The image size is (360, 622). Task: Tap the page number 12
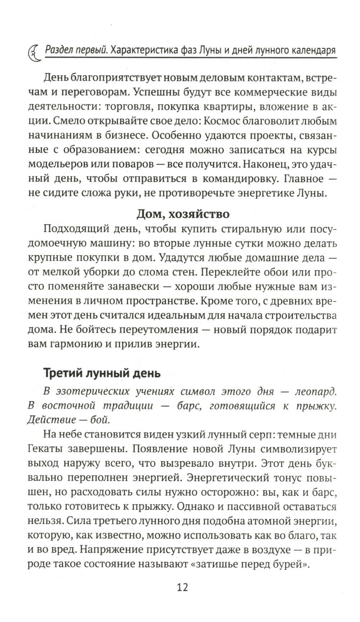pos(183,587)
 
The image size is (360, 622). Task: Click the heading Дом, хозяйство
pos(183,214)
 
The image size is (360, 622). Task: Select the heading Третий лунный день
pos(102,373)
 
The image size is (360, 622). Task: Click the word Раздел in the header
pos(61,50)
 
